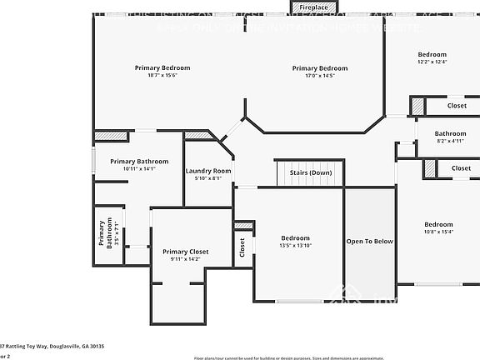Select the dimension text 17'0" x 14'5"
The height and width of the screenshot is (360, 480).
pyautogui.click(x=319, y=76)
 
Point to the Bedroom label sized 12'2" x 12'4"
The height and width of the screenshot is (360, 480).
pyautogui.click(x=432, y=55)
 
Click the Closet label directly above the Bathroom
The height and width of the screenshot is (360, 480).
pyautogui.click(x=457, y=106)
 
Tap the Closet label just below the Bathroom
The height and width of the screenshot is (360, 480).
pyautogui.click(x=461, y=168)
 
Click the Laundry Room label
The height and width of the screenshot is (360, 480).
pyautogui.click(x=208, y=171)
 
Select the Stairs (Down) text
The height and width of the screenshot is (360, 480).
pyautogui.click(x=310, y=172)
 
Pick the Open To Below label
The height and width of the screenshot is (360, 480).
pyautogui.click(x=369, y=242)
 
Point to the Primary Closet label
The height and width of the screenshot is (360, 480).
pyautogui.click(x=186, y=251)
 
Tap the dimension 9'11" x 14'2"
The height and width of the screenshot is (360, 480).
pyautogui.click(x=186, y=259)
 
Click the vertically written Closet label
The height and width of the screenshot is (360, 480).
pyautogui.click(x=242, y=247)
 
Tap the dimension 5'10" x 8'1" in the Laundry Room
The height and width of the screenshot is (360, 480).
pyautogui.click(x=208, y=178)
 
